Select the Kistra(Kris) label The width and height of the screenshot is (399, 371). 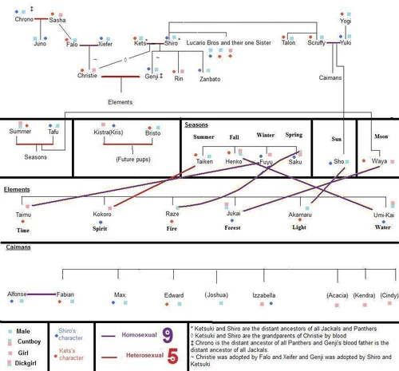click(106, 132)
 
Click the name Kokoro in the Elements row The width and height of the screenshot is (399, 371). click(102, 215)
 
